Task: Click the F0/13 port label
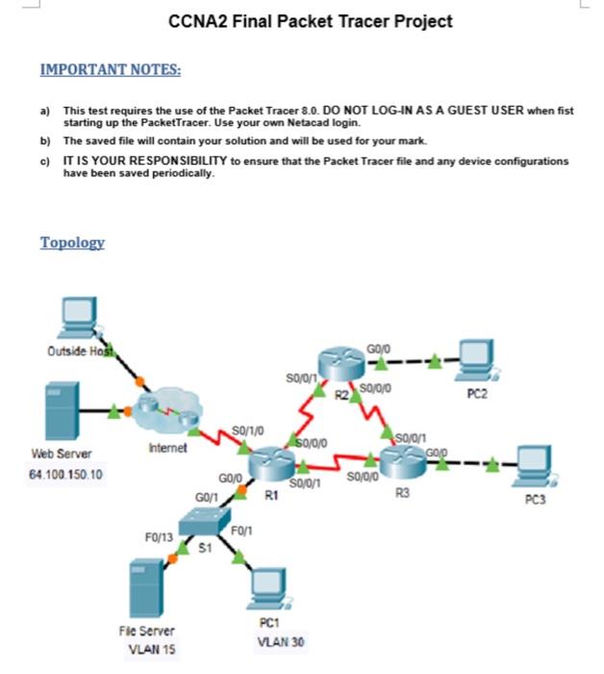pos(159,537)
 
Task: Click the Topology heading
pos(72,243)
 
